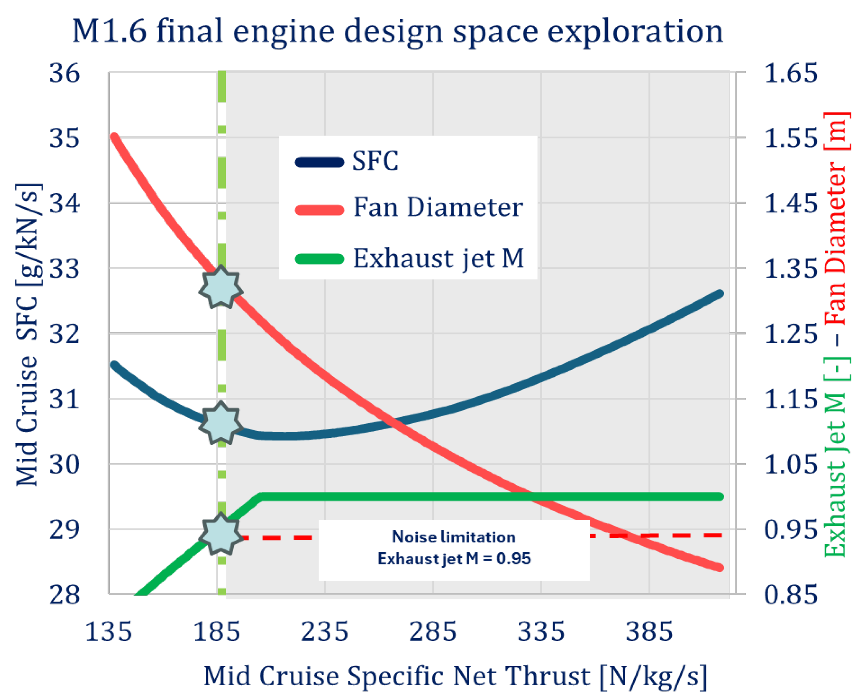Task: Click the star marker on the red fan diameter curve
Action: point(221,287)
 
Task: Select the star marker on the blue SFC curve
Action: point(221,423)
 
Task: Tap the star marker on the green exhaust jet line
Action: point(221,534)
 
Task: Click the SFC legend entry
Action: point(347,161)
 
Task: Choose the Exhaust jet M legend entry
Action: point(409,259)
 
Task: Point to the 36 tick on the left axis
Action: point(65,73)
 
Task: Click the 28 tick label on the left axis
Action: point(65,594)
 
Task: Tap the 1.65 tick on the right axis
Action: point(790,73)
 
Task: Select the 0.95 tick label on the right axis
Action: point(790,530)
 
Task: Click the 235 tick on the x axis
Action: point(324,631)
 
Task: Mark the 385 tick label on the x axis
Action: point(649,631)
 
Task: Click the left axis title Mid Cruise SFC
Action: point(28,335)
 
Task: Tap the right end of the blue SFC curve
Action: point(720,294)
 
